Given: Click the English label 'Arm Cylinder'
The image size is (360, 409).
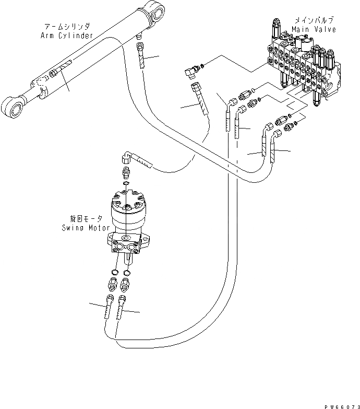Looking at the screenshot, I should (x=66, y=36).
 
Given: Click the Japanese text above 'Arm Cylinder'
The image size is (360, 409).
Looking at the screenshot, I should (x=67, y=26).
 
